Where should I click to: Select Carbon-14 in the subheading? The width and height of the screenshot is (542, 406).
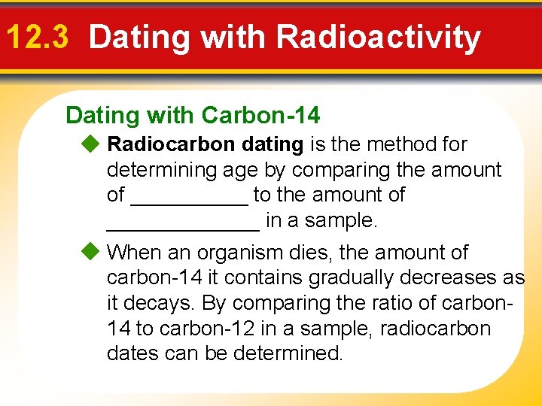260,115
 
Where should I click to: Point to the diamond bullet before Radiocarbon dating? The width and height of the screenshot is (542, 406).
91,144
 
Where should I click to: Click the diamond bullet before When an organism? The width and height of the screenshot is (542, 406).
91,252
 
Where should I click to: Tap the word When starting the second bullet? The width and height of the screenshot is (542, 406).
135,252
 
